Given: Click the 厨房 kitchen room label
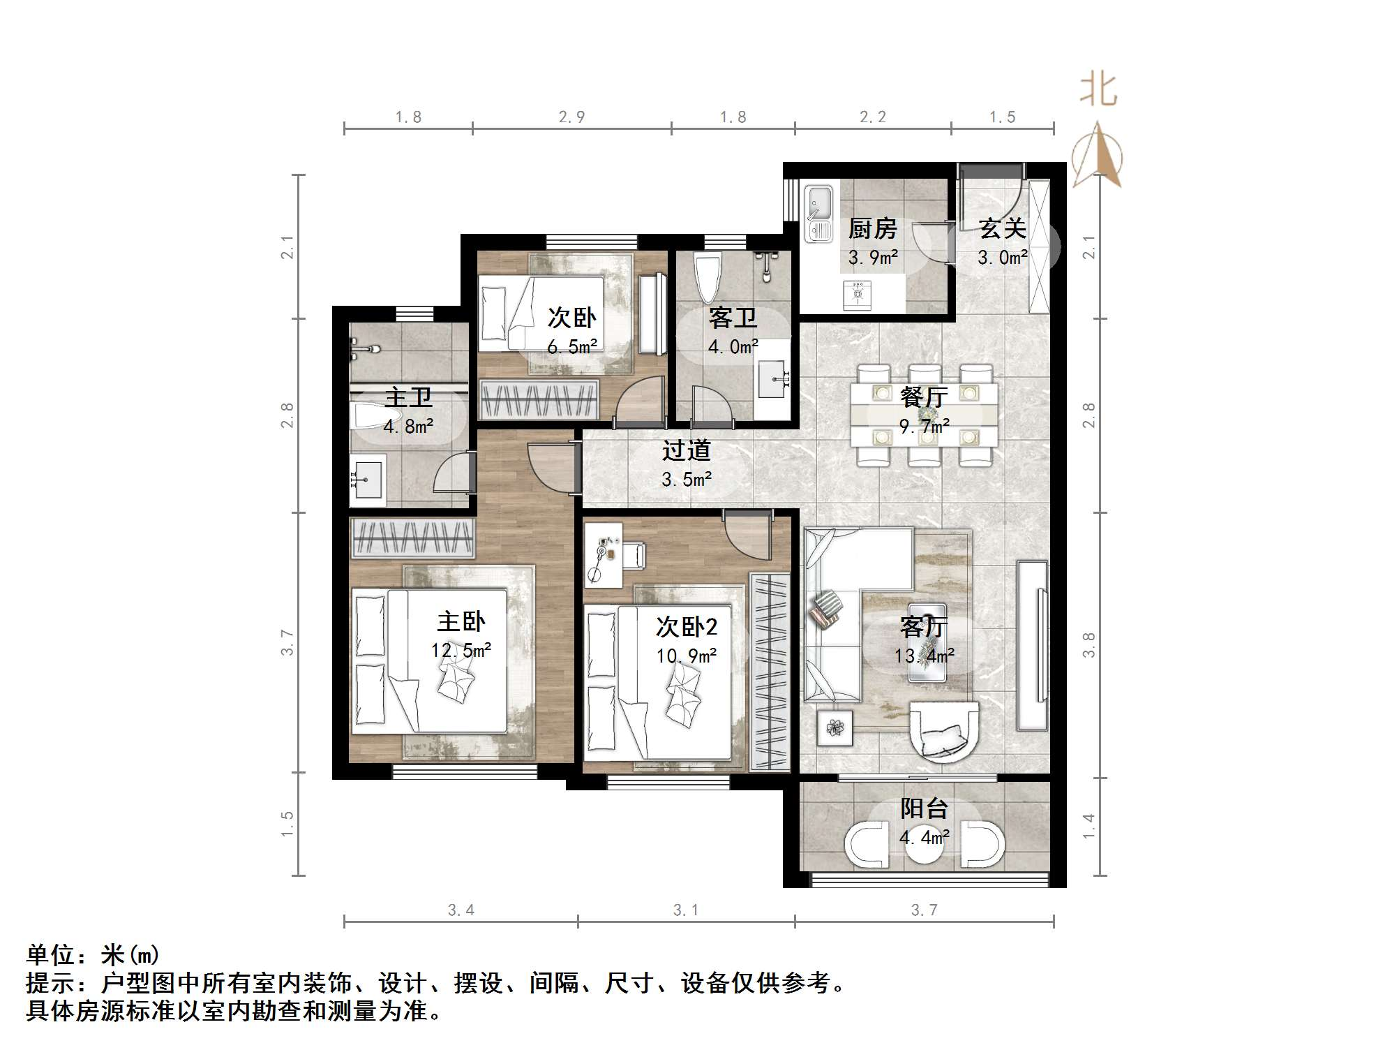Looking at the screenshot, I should coord(872,228).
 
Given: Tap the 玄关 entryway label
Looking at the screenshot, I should coord(1002,228).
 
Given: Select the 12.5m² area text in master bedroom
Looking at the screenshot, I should coord(461,651).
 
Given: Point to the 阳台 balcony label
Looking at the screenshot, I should coord(924,808).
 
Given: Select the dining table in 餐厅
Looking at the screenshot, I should coord(924,415).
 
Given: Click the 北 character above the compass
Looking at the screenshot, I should coord(1098,91).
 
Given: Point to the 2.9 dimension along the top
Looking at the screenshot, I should coord(571,117).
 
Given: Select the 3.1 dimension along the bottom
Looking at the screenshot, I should coord(685,910).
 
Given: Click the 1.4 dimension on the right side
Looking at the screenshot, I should coord(1088,827).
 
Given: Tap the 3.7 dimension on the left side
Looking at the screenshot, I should coord(287,642).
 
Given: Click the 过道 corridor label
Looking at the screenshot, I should coord(686,450).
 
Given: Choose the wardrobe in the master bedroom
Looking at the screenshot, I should coord(412,538).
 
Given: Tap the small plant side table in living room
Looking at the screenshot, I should coord(835,729).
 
